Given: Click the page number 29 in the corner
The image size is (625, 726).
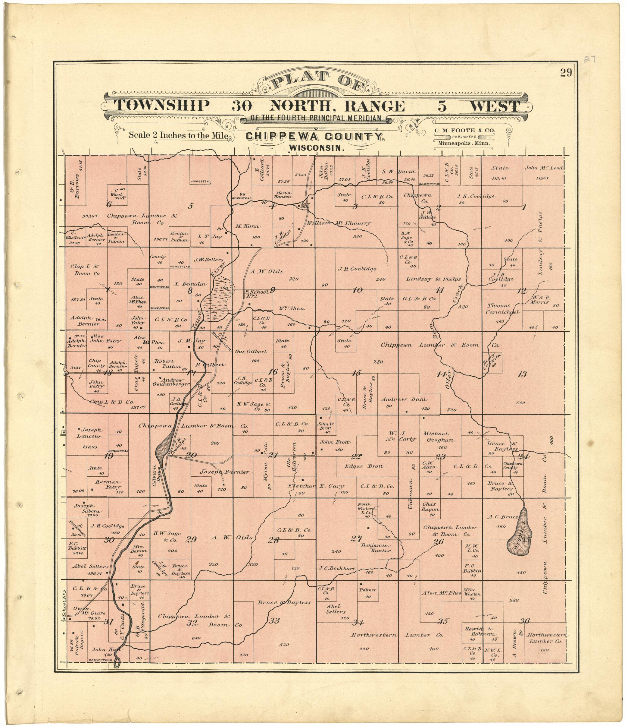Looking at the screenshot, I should coord(565,73).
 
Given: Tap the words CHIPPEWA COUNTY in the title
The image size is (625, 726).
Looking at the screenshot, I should coord(315,137).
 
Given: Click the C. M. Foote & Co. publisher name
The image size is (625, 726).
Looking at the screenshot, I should coord(465,130).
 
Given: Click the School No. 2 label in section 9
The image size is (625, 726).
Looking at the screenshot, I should coord(258,293).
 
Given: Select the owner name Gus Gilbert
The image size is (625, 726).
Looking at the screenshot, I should coord(251,352).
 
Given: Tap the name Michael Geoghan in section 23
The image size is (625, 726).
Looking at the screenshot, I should coord(438,437).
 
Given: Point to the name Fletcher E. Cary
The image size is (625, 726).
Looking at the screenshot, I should coord(316,486).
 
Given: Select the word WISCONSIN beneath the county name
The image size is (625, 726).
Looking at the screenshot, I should coord(315,148).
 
